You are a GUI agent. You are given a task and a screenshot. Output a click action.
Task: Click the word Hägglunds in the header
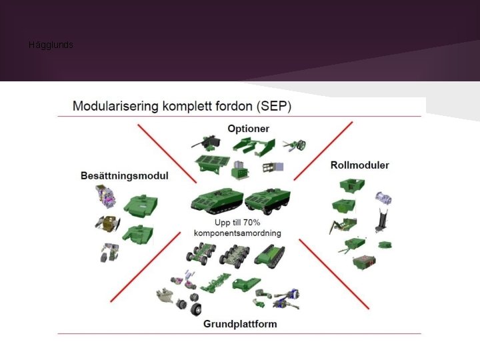pyautogui.click(x=51, y=45)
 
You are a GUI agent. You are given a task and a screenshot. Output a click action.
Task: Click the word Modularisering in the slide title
pyautogui.click(x=115, y=106)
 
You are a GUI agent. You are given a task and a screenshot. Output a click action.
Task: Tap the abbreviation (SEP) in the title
pyautogui.click(x=274, y=106)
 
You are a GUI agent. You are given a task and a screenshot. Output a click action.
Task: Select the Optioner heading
pyautogui.click(x=248, y=129)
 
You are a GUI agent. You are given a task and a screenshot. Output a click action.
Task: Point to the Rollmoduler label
pyautogui.click(x=360, y=165)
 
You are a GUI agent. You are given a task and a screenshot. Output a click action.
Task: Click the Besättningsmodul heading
pyautogui.click(x=125, y=176)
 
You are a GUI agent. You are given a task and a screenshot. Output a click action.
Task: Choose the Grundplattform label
pyautogui.click(x=240, y=324)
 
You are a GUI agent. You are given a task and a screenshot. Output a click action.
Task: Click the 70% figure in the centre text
pyautogui.click(x=251, y=223)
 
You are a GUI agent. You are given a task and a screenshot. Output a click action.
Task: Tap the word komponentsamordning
pyautogui.click(x=237, y=233)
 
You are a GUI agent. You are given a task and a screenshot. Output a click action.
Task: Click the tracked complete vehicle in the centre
pyautogui.click(x=217, y=200)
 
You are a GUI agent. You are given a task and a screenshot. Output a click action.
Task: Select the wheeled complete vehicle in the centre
pyautogui.click(x=267, y=201)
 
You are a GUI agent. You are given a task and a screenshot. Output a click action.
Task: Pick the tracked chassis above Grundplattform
pyautogui.click(x=269, y=256)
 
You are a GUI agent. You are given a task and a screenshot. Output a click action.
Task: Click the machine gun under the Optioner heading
pyautogui.click(x=206, y=143)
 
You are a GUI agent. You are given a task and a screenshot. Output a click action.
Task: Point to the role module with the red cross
pyautogui.click(x=364, y=263)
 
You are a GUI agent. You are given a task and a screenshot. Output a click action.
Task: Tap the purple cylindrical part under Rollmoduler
pyautogui.click(x=383, y=199)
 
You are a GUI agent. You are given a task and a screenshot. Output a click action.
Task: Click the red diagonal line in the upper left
pyautogui.click(x=167, y=153)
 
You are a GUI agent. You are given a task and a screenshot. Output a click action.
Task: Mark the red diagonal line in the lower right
pyautogui.click(x=334, y=274)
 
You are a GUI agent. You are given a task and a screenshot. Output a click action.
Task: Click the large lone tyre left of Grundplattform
pyautogui.click(x=196, y=309)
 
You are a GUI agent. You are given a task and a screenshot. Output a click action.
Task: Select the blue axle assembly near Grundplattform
pyautogui.click(x=286, y=299)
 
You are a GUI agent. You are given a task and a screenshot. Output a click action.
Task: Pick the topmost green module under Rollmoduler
pyautogui.click(x=352, y=186)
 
